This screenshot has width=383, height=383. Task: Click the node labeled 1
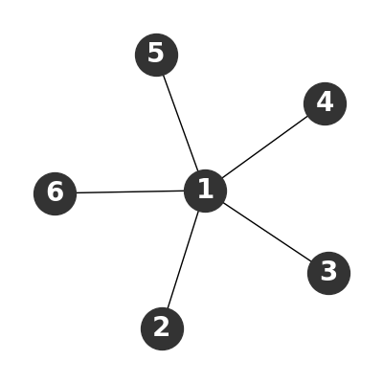coord(206,191)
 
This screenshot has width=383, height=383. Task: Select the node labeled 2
coord(162,328)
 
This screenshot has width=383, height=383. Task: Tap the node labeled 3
coord(328,273)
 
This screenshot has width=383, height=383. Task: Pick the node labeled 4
coord(325,103)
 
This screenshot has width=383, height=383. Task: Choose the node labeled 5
coord(156,55)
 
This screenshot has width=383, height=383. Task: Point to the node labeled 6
coord(56,193)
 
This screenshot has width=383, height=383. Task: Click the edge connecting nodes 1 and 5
coord(181,123)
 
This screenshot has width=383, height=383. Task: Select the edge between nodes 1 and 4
coord(265,147)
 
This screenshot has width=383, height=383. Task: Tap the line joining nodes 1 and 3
coord(267,232)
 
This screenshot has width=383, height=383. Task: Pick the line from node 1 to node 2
coord(183,259)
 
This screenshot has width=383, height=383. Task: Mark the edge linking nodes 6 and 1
coord(130,192)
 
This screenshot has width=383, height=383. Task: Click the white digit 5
coord(156,53)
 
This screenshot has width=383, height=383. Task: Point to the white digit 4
coord(325,101)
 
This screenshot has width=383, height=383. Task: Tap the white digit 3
coord(328,271)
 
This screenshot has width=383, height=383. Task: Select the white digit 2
coord(162,327)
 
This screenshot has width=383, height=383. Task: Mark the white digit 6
coord(56,191)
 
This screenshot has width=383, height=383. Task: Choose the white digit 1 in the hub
coord(205,189)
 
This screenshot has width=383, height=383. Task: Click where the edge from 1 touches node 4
coord(307,116)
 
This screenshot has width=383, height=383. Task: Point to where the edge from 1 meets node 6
coord(77,192)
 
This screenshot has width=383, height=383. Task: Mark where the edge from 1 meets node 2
coord(168,308)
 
